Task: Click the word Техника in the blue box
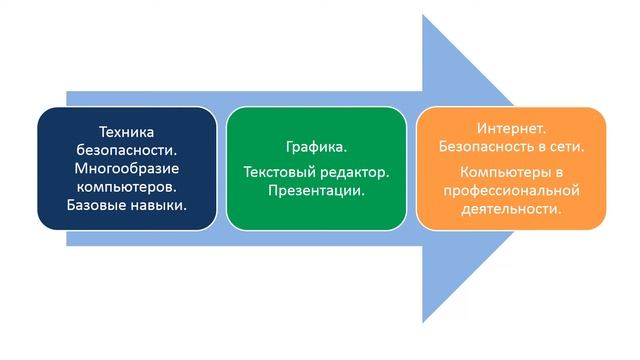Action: [127, 131]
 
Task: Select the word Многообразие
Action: [127, 168]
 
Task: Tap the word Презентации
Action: [316, 190]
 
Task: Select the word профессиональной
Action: [512, 189]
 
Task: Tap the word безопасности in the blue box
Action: [127, 149]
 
